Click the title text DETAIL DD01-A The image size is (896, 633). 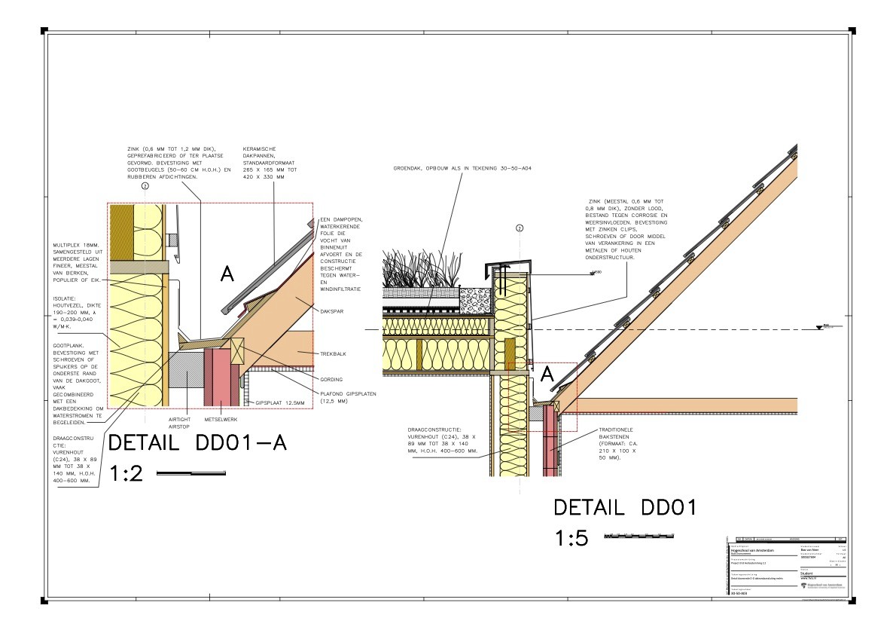tap(197, 443)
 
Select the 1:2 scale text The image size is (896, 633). tap(126, 473)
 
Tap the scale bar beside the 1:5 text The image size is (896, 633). tap(639, 537)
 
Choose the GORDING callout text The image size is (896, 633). tap(331, 379)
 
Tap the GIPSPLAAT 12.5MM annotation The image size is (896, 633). tap(281, 403)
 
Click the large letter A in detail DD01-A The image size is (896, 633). tap(227, 275)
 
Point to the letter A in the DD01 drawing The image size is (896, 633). tap(547, 373)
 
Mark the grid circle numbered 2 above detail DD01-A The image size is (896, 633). tap(145, 196)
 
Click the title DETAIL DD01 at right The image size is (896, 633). tap(624, 507)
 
